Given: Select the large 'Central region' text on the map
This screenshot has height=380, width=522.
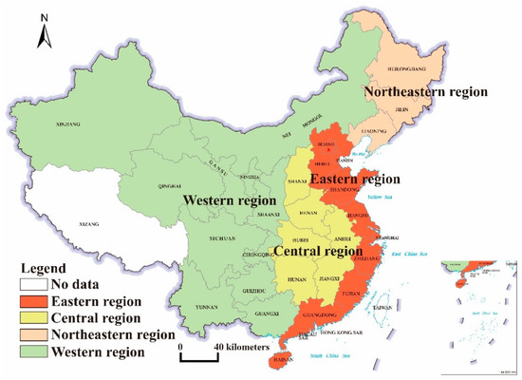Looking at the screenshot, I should [318, 252].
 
